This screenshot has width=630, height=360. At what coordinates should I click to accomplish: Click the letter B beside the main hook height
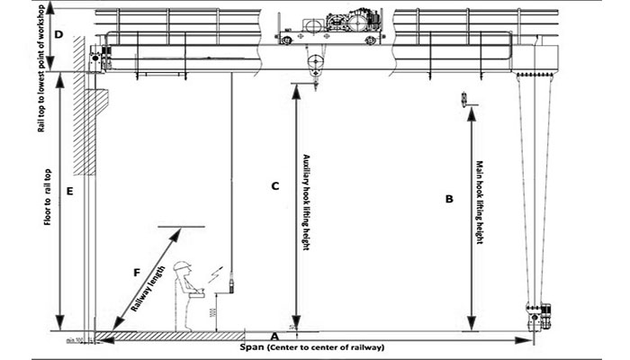(449, 200)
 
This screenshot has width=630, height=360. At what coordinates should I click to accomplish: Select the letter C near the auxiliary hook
(276, 186)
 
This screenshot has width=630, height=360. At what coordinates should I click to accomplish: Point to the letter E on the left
(68, 191)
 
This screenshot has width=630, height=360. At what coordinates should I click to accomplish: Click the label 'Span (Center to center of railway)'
(313, 346)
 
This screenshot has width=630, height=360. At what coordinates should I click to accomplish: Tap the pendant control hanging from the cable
(230, 286)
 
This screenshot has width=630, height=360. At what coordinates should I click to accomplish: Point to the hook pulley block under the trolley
(315, 66)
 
